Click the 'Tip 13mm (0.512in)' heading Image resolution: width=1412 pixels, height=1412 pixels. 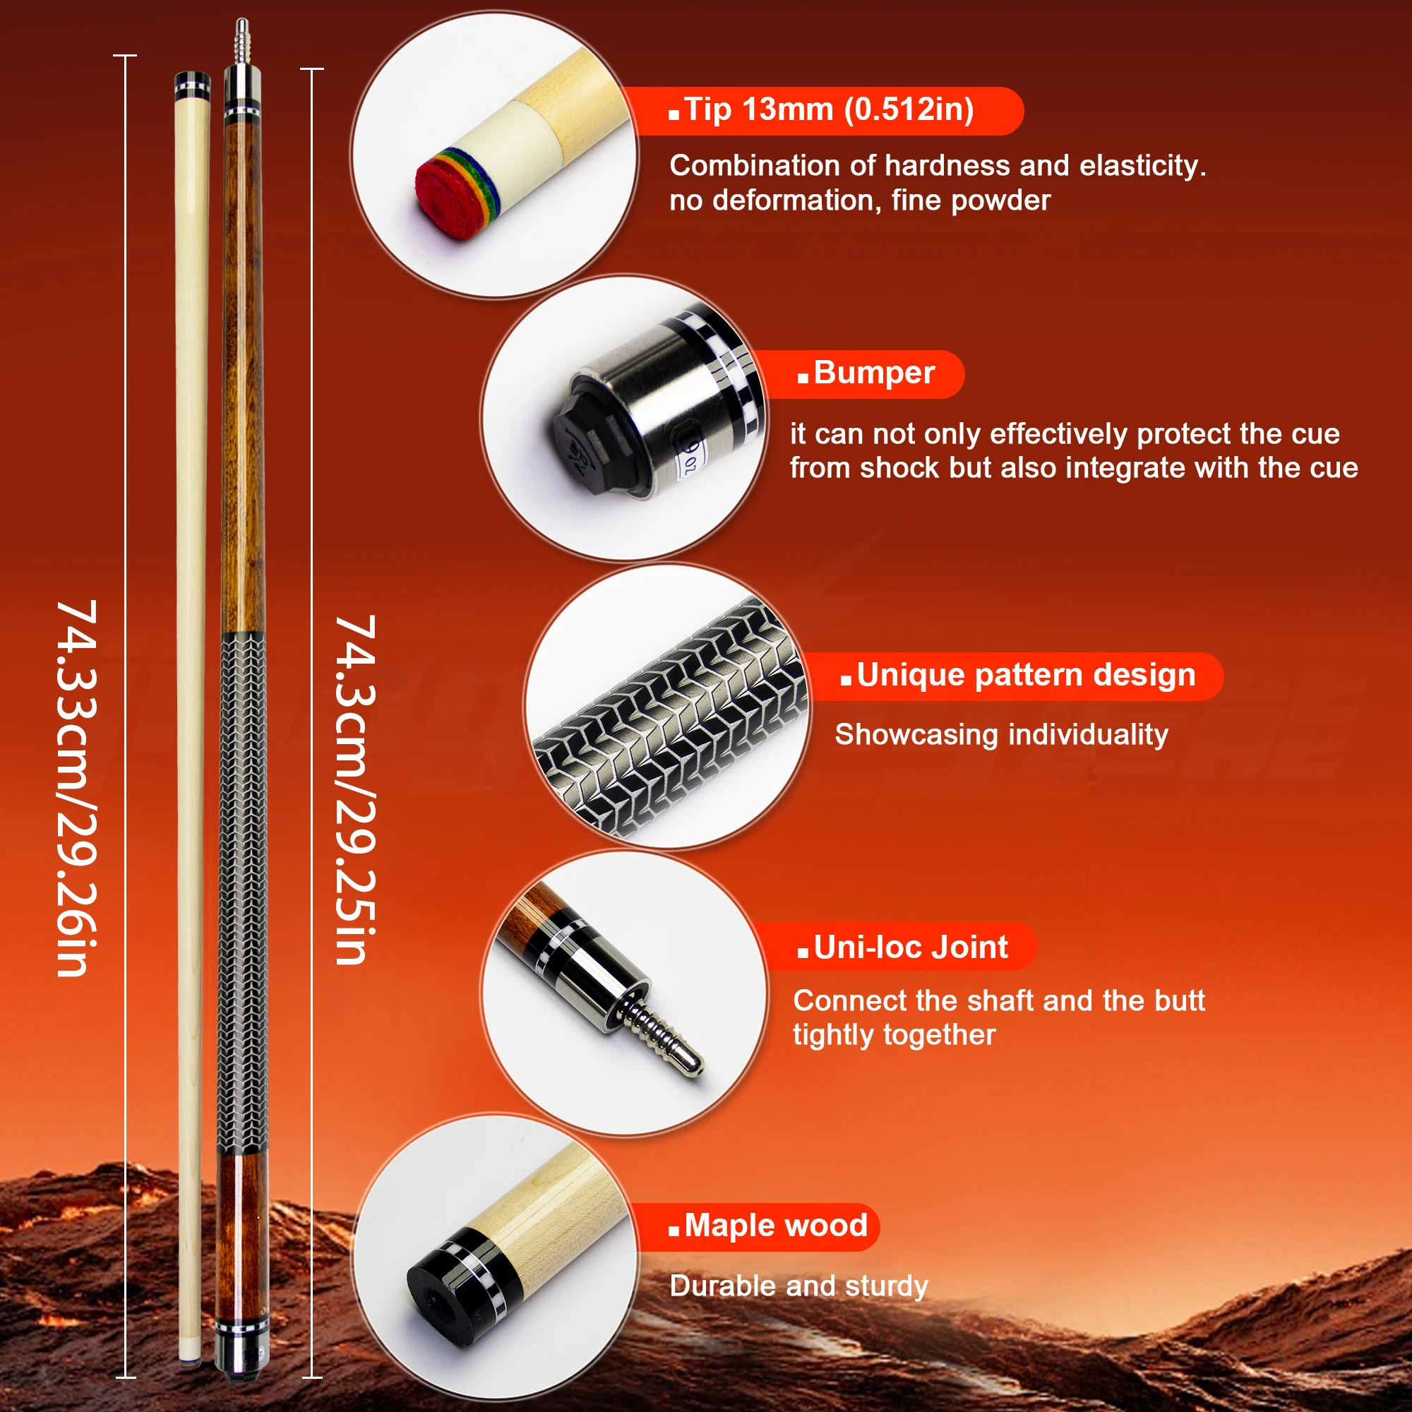829,110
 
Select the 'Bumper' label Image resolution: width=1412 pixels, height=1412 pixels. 873,373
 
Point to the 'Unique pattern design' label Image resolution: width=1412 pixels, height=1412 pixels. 1025,676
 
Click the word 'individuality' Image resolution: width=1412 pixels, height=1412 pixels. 1080,734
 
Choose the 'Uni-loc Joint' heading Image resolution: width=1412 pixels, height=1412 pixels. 910,948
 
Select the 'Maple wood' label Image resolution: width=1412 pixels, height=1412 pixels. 775,1226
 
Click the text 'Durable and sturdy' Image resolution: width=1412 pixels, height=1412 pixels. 798,1286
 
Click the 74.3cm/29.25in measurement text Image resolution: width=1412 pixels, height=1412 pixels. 355,789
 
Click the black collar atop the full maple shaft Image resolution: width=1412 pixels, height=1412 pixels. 192,85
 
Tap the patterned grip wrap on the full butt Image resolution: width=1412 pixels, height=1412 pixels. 242,892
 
